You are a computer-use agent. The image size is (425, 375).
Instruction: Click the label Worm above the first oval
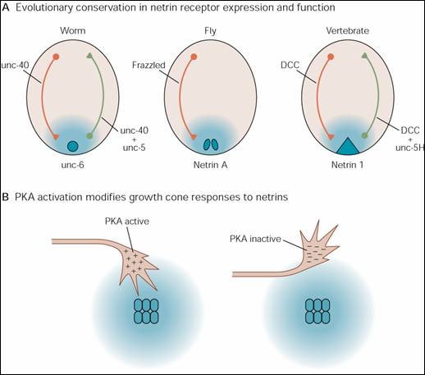pyautogui.click(x=73, y=30)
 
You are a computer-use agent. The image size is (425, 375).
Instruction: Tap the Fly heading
pyautogui.click(x=210, y=31)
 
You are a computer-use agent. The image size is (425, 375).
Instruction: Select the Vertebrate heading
pyautogui.click(x=347, y=30)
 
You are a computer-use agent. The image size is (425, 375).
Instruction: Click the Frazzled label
pyautogui.click(x=149, y=65)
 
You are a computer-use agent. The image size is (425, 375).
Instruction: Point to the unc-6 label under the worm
pyautogui.click(x=72, y=165)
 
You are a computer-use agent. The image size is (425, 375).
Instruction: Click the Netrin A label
pyautogui.click(x=210, y=165)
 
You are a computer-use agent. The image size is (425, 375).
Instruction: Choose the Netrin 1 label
pyautogui.click(x=347, y=165)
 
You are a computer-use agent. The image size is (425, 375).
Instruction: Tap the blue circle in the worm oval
pyautogui.click(x=73, y=146)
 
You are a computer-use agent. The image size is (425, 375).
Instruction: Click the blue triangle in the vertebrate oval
pyautogui.click(x=347, y=146)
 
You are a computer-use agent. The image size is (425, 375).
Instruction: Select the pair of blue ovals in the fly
pyautogui.click(x=211, y=144)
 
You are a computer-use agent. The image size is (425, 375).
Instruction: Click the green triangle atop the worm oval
pyautogui.click(x=89, y=56)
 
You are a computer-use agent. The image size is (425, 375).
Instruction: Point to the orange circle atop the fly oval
pyautogui.click(x=194, y=57)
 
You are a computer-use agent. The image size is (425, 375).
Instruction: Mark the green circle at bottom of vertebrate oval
pyautogui.click(x=364, y=135)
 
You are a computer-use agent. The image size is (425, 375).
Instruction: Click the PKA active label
pyautogui.click(x=127, y=221)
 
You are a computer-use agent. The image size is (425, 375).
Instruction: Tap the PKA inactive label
pyautogui.click(x=255, y=239)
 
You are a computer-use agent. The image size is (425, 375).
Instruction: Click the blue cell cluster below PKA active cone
pyautogui.click(x=146, y=311)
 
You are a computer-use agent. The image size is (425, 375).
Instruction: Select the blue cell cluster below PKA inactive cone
pyautogui.click(x=318, y=311)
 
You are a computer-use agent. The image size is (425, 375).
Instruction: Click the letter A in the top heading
pyautogui.click(x=6, y=7)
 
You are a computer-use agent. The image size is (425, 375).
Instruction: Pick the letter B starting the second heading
pyautogui.click(x=6, y=197)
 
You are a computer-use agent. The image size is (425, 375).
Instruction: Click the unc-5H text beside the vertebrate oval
pyautogui.click(x=409, y=148)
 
